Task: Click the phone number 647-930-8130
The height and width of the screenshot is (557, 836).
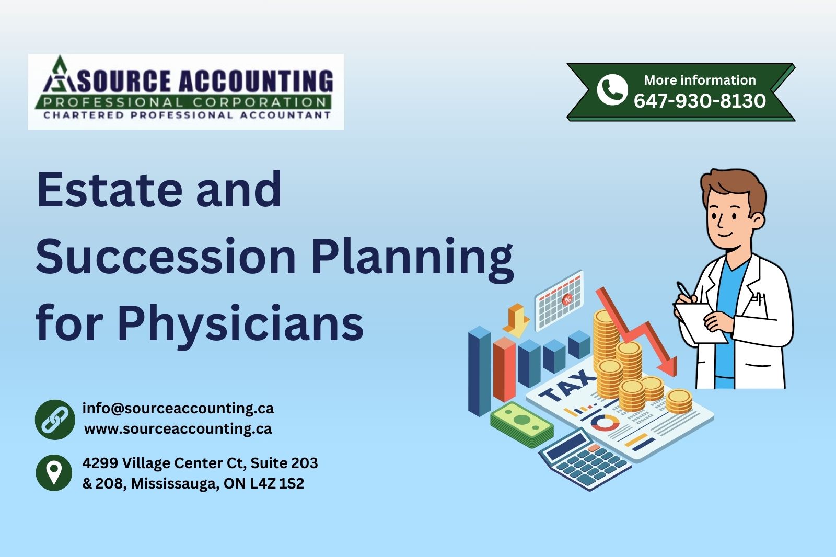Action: click(x=700, y=101)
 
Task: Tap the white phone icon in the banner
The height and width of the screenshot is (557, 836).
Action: click(x=612, y=89)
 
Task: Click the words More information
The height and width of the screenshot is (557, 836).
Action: click(x=700, y=80)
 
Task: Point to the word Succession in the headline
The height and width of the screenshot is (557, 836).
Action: click(x=166, y=257)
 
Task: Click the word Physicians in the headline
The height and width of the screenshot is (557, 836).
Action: click(x=240, y=323)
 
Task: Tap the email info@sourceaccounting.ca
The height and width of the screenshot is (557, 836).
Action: click(x=178, y=408)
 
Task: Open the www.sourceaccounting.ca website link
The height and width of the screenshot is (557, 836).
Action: click(x=178, y=429)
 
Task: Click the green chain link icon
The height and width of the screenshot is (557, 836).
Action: click(x=54, y=419)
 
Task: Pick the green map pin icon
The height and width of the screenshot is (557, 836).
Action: click(x=54, y=472)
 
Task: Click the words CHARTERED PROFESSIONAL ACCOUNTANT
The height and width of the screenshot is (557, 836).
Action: click(x=187, y=115)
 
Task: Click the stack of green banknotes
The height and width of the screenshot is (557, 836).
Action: click(x=521, y=425)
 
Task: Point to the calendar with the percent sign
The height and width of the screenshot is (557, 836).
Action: click(x=559, y=300)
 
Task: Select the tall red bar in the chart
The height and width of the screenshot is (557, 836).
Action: click(x=504, y=368)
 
